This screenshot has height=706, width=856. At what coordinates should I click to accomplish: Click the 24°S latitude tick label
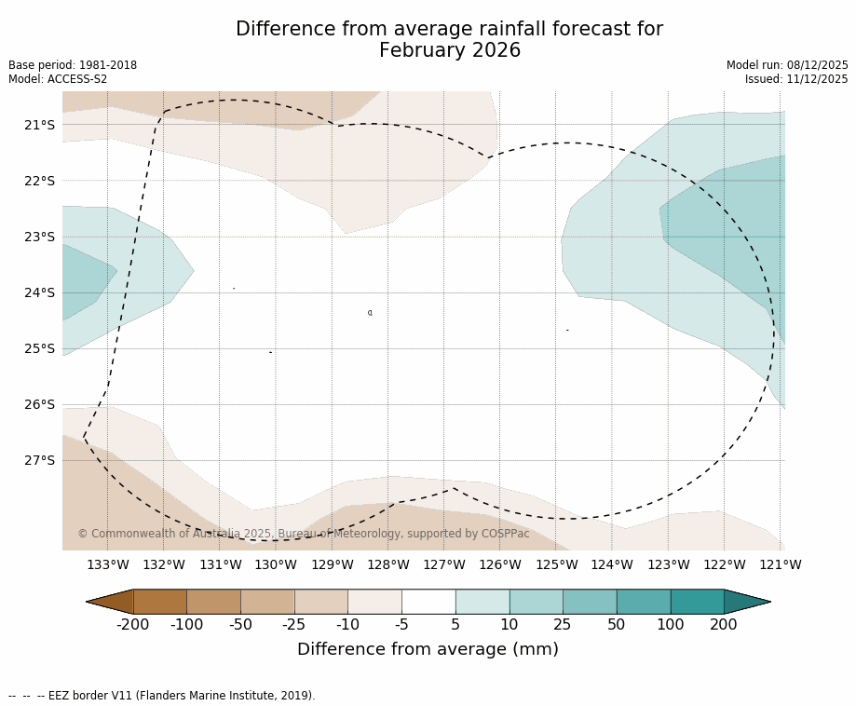coord(40,292)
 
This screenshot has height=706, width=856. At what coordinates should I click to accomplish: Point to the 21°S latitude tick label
coord(40,125)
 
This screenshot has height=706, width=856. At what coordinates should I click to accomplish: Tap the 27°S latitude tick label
coord(40,460)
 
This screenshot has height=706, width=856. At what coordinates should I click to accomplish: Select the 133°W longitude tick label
coord(108,564)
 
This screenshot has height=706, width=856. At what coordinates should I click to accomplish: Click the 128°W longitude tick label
coord(388,564)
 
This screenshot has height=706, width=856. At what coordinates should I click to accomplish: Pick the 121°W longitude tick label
coord(781,564)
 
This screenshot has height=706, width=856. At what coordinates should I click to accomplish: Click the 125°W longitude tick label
coord(556,564)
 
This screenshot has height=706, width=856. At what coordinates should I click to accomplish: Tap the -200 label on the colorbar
coord(133,624)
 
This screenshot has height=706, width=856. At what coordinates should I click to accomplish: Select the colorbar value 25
coord(563,624)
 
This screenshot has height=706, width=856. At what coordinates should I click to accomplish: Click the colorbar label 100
coord(670,624)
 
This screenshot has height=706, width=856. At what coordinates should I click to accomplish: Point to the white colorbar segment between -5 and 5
coord(428,602)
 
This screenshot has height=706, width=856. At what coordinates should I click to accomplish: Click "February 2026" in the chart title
coord(449,50)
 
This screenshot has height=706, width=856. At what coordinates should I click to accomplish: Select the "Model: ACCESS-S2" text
coord(58,79)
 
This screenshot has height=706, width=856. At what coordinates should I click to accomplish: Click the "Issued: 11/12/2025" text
coord(796,79)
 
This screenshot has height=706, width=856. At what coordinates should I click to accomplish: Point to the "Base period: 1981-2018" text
coord(73,65)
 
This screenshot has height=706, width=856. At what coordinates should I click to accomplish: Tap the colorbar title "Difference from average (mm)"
coord(428,649)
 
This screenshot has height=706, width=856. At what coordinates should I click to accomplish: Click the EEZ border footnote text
coord(162,696)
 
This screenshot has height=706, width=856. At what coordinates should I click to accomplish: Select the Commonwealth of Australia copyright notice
coord(304,534)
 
